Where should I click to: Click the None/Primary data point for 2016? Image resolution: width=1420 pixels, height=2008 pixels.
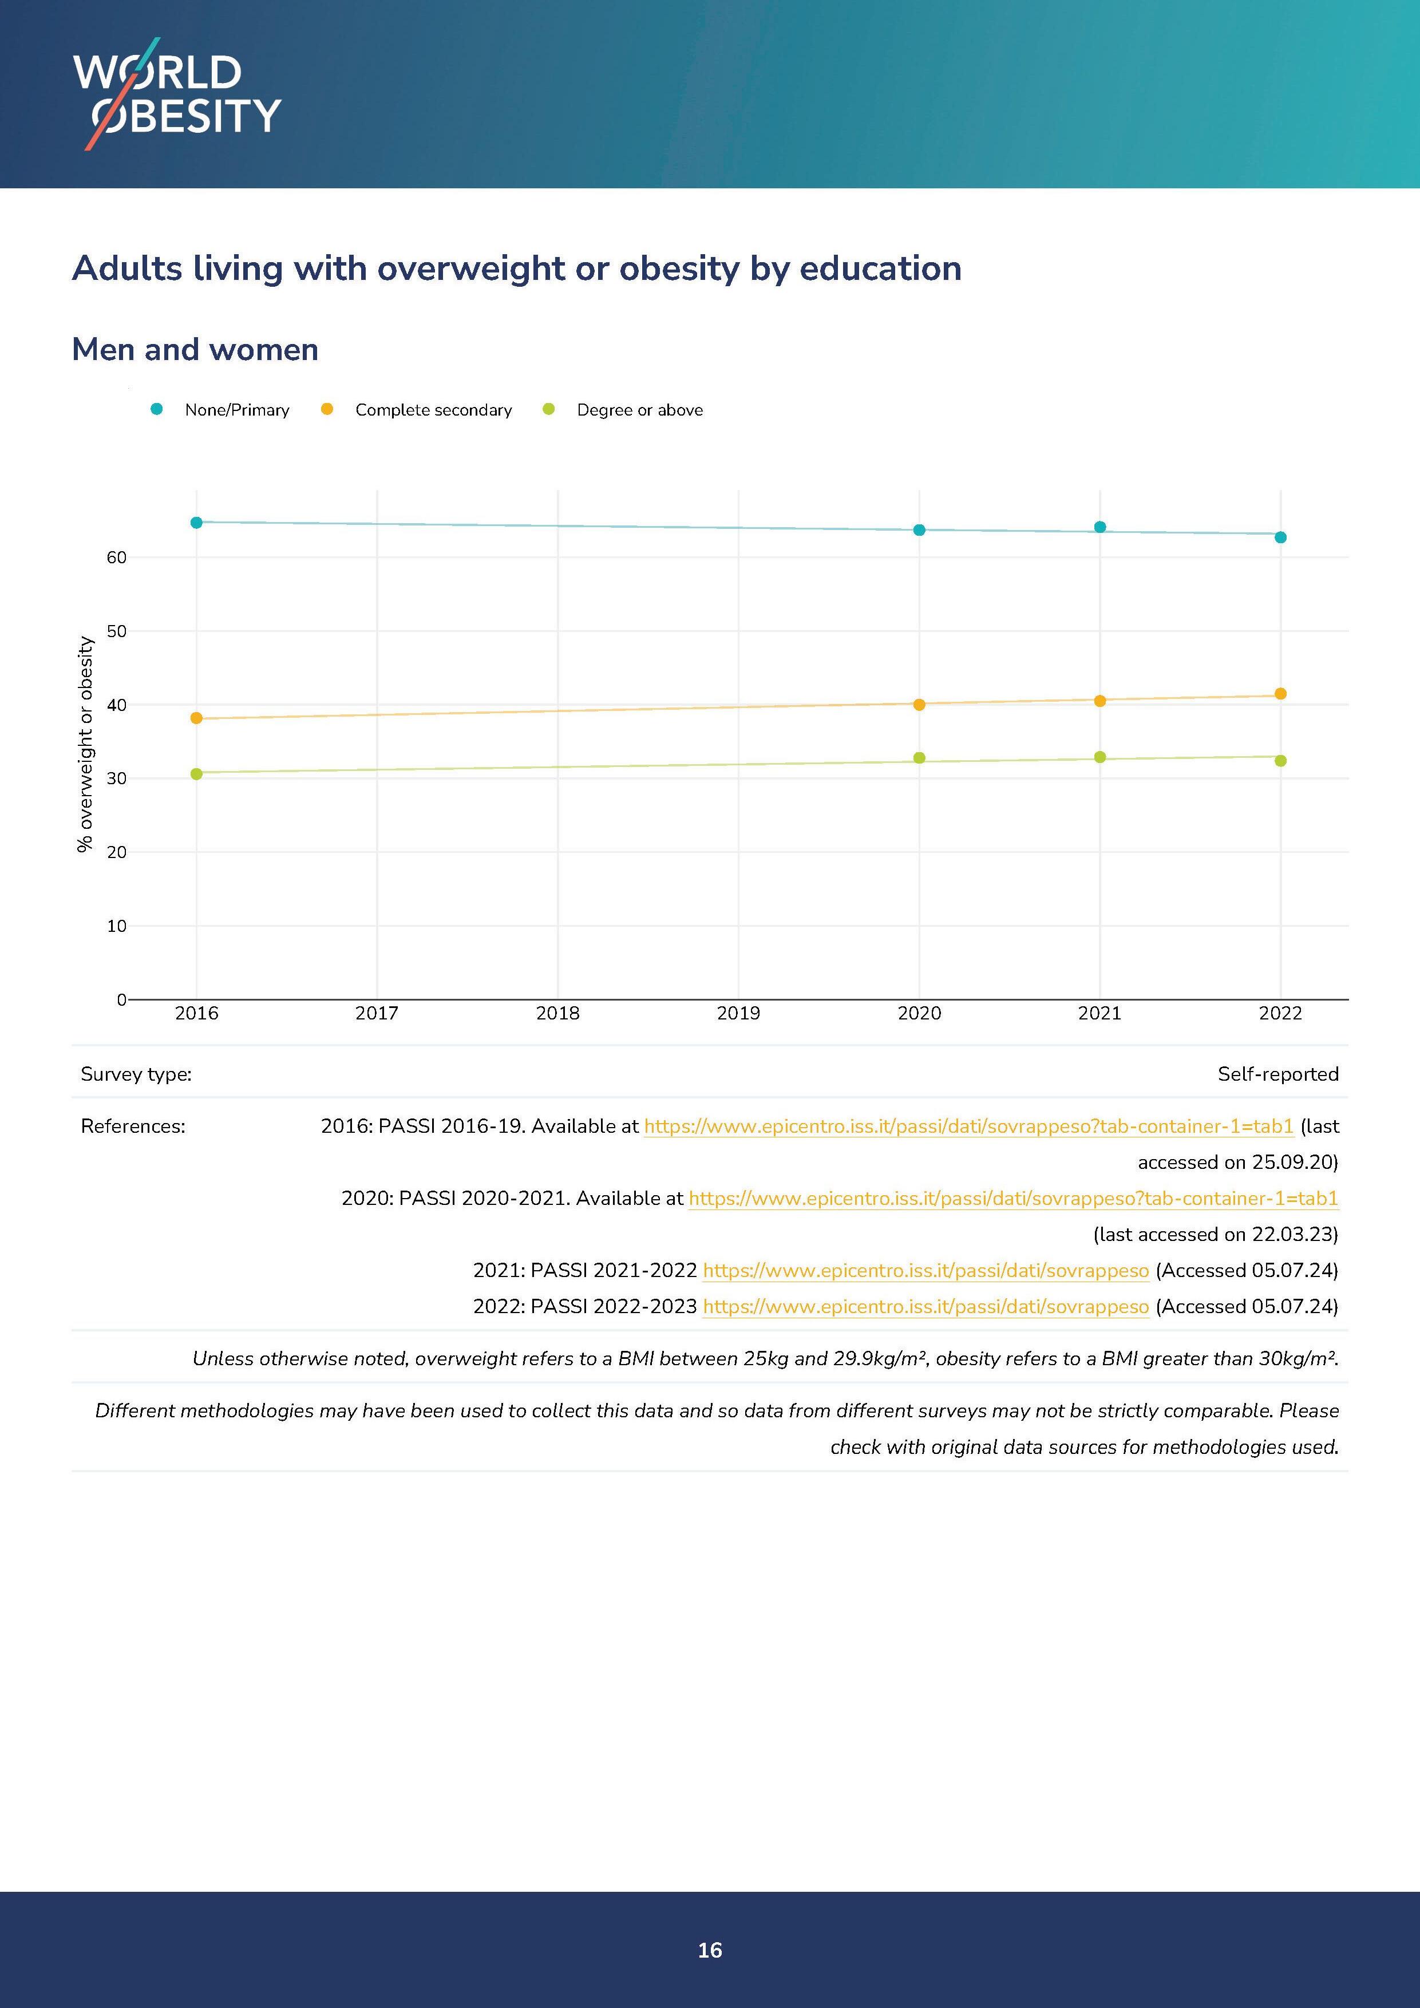197,523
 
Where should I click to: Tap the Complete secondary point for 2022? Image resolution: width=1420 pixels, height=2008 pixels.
1280,694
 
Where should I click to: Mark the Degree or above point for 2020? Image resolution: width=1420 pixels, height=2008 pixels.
919,758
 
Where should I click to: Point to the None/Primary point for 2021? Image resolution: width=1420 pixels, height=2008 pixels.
1100,527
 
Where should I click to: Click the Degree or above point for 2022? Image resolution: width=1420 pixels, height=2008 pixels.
1280,761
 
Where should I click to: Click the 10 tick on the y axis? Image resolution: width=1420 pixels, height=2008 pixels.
116,926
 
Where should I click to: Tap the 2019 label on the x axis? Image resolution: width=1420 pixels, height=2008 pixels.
738,1014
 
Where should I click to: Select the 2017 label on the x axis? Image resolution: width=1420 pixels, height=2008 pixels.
377,1014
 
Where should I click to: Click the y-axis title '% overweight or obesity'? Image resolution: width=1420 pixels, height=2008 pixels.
86,744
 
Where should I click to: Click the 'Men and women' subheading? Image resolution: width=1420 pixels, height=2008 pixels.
195,350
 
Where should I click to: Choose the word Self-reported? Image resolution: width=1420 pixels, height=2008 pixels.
1277,1074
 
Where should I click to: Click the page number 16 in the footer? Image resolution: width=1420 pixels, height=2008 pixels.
710,1950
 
